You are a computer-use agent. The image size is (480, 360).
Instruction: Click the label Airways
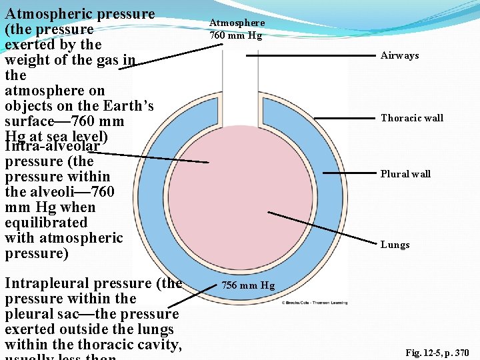[x=399, y=55]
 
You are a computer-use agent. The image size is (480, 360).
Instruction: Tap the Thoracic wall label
[x=411, y=118]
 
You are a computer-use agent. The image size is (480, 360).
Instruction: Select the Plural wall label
[x=405, y=174]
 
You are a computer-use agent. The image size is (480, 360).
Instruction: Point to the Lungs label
[x=395, y=245]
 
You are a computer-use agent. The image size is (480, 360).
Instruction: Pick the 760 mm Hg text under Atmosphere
[x=235, y=35]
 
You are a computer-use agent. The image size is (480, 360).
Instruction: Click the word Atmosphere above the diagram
[x=237, y=23]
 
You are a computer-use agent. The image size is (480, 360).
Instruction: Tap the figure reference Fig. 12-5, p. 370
[x=437, y=353]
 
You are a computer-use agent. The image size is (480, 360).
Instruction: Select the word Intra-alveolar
[x=52, y=146]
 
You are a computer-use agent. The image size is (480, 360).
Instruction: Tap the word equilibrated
[x=45, y=223]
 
